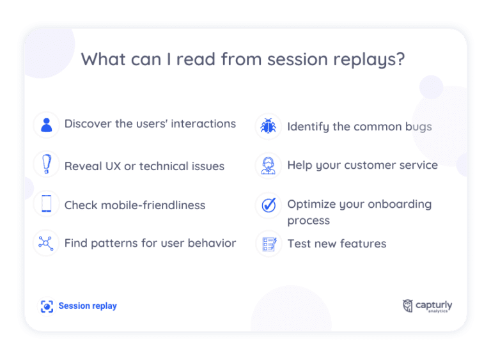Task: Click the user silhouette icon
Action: [x=46, y=125]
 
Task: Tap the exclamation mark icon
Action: [x=46, y=165]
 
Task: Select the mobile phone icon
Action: [x=46, y=204]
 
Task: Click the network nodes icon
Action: [x=46, y=243]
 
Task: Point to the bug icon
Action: [x=268, y=126]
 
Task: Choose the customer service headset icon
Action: [x=268, y=165]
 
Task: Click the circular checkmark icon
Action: [x=268, y=205]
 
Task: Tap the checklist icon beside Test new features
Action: [x=269, y=244]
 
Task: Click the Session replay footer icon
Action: [x=47, y=306]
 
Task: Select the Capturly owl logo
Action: [x=408, y=306]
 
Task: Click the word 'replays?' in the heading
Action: [x=373, y=59]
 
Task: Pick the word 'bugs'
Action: [x=417, y=127]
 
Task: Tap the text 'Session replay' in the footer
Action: [x=88, y=306]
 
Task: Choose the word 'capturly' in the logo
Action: [x=435, y=304]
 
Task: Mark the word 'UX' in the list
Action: [x=113, y=166]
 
